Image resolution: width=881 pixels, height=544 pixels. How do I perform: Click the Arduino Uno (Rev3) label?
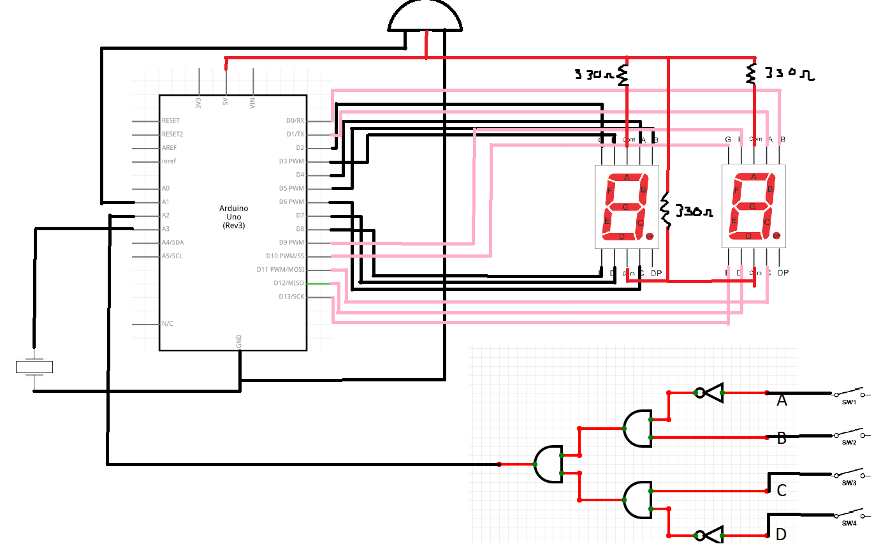click(233, 217)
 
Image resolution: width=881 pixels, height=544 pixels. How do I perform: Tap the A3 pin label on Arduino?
click(166, 229)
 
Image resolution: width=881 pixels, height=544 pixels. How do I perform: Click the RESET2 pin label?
click(172, 134)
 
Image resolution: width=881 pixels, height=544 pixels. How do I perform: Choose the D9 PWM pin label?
click(291, 242)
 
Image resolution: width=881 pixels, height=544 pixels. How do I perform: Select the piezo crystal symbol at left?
click(34, 367)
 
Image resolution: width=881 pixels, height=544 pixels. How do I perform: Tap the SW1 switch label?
click(848, 402)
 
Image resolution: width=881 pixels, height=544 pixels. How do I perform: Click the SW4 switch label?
click(848, 524)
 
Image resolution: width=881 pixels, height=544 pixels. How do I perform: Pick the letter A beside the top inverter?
click(782, 401)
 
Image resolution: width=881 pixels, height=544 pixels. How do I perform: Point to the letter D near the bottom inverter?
click(781, 534)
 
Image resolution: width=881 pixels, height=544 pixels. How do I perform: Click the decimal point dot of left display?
click(650, 237)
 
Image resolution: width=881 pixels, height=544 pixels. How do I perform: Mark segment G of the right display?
click(753, 207)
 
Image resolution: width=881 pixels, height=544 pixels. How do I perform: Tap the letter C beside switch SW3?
click(782, 490)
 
